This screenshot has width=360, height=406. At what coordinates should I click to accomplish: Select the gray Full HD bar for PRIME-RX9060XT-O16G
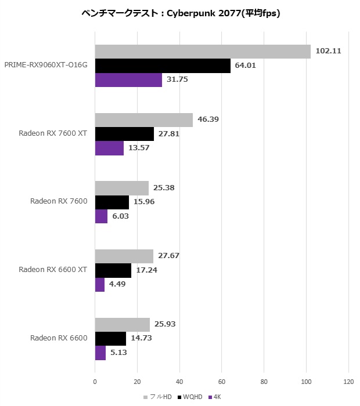coord(203,52)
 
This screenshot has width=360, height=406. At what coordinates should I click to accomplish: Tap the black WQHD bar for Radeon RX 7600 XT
coord(124,134)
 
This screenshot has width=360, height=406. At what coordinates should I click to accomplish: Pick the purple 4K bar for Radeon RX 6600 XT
coord(100,284)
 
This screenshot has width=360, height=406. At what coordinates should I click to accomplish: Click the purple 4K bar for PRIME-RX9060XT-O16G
coord(128,79)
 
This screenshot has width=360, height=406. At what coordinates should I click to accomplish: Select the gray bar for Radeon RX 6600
coord(122,325)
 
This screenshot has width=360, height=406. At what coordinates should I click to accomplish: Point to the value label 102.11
coord(328,51)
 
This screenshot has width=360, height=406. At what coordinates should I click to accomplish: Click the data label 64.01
coord(245,66)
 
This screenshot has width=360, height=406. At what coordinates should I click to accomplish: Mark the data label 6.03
coord(120,216)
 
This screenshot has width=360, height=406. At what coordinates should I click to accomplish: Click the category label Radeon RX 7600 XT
coord(53,133)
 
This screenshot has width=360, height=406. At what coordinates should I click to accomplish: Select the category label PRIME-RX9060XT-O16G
coord(46,65)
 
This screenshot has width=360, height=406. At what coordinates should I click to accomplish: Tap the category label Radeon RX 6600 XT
coord(53,270)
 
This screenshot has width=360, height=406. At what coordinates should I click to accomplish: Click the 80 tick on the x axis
coord(264,382)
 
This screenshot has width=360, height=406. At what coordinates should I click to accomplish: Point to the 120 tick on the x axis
coord(348,382)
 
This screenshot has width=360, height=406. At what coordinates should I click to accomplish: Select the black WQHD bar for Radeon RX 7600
coord(112,202)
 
